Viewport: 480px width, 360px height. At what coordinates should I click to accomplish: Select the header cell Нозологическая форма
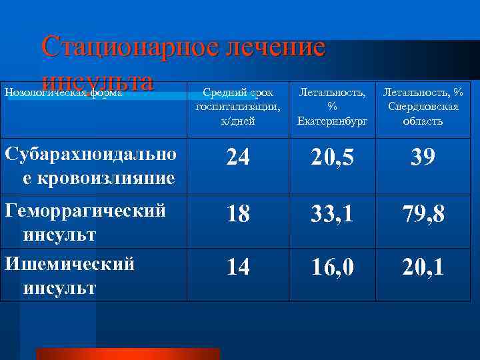[64, 93]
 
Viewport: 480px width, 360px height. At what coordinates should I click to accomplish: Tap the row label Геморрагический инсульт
[85, 223]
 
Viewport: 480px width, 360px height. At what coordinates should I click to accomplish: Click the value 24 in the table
[237, 157]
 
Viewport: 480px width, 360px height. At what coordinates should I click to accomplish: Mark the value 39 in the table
[423, 157]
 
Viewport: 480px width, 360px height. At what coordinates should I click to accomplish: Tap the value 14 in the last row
[237, 267]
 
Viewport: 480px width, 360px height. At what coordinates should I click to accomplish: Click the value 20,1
[423, 267]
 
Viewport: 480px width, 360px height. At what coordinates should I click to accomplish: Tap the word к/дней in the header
[237, 121]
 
